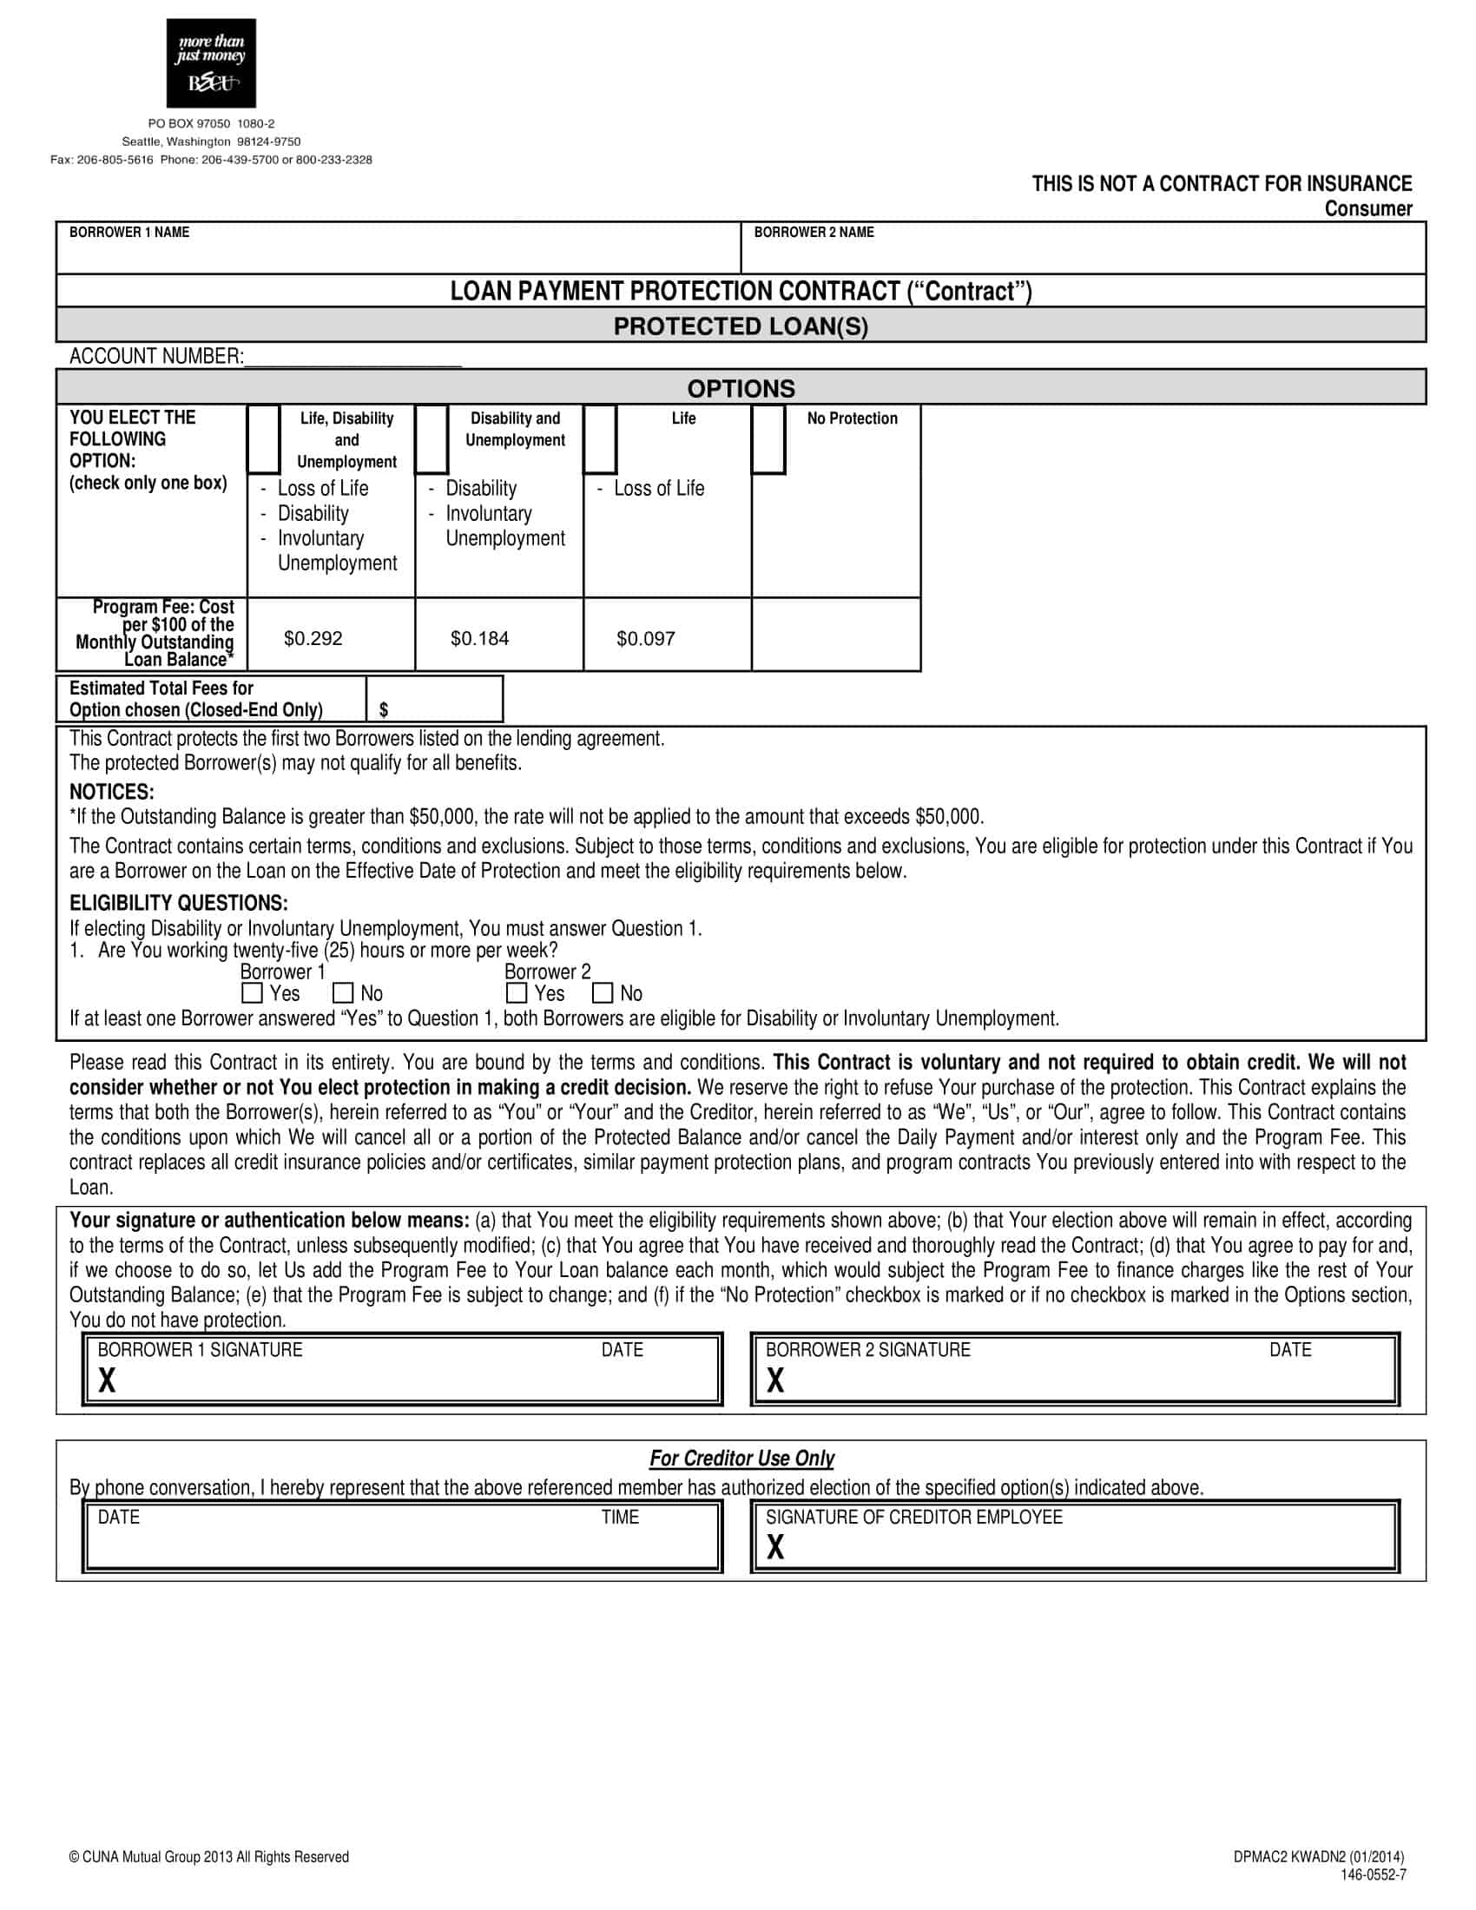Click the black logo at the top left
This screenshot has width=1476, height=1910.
pos(211,63)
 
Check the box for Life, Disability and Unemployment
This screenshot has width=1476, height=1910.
pos(263,439)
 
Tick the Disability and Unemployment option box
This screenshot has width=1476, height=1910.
pos(432,439)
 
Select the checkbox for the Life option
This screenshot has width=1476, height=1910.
pos(600,439)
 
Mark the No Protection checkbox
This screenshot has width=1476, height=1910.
pos(768,439)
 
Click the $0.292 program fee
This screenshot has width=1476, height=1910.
pos(313,638)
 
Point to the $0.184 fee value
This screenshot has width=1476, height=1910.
pos(479,638)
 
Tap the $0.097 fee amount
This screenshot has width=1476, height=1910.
pos(645,638)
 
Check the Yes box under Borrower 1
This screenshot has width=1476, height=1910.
pos(252,992)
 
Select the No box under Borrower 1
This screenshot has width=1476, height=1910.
pos(343,992)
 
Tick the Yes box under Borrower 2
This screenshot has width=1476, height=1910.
pos(516,992)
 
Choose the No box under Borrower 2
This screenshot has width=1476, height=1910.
pos(603,992)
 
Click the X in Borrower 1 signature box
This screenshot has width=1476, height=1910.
pos(107,1381)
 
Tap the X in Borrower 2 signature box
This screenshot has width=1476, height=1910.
pos(774,1381)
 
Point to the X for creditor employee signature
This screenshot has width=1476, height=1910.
pos(774,1548)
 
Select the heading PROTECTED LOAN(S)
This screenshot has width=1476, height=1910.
pos(741,326)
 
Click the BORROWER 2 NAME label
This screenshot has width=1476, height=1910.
pos(814,233)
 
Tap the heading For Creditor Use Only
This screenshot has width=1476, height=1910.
pos(741,1458)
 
